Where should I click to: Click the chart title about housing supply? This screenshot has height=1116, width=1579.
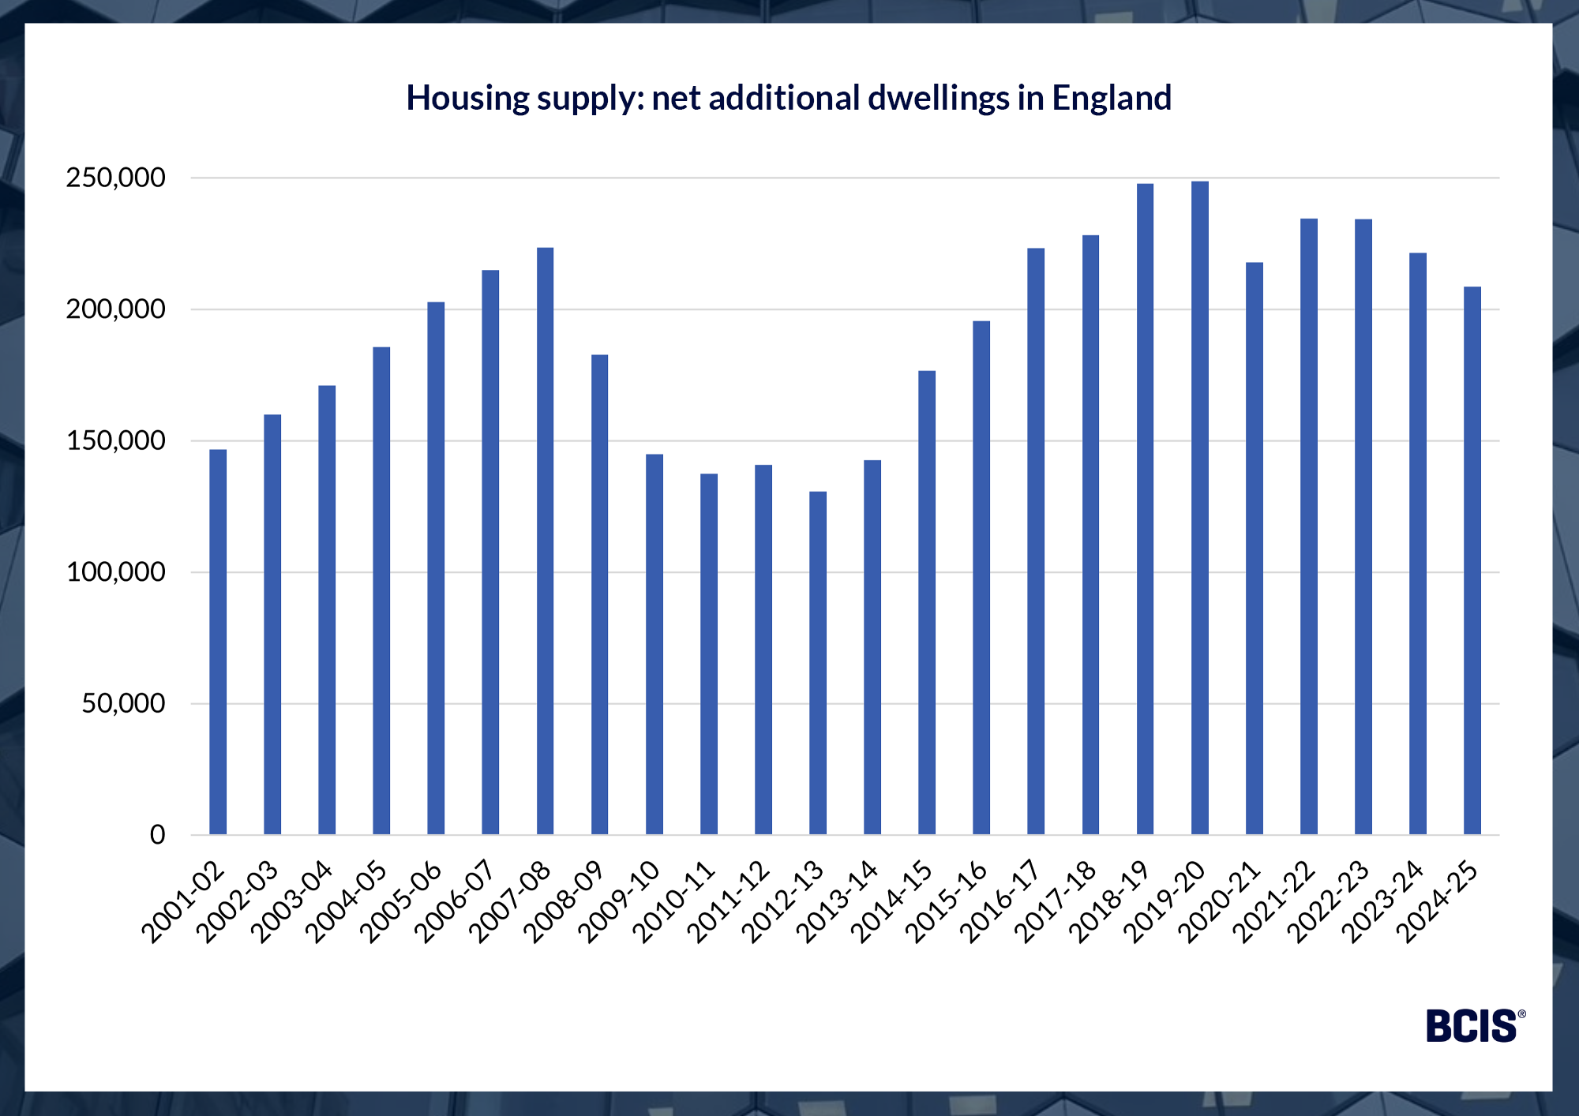[x=789, y=98]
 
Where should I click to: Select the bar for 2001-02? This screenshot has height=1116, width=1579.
[x=218, y=641]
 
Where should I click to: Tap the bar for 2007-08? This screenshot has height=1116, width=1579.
[x=545, y=541]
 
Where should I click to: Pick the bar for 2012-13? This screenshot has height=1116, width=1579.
[x=818, y=663]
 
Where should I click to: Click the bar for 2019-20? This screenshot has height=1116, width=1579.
[x=1199, y=507]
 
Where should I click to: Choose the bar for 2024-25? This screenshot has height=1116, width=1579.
[x=1472, y=560]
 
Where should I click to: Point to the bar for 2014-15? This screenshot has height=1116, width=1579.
[x=927, y=602]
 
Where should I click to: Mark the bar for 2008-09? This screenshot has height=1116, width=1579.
[x=599, y=594]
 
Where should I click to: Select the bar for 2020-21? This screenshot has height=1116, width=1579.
[x=1254, y=549]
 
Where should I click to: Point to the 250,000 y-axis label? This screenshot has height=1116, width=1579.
[x=115, y=178]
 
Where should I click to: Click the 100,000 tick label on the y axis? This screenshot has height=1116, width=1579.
[x=115, y=572]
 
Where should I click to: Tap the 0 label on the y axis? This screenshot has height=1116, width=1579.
[x=157, y=835]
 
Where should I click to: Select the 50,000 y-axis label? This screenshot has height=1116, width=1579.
[x=123, y=703]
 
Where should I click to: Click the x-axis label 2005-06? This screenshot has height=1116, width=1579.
[x=400, y=902]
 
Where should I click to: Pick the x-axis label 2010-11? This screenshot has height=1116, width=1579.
[x=673, y=902]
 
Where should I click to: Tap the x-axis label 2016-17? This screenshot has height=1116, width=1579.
[x=1000, y=902]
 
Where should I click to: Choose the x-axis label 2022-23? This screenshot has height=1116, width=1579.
[x=1327, y=902]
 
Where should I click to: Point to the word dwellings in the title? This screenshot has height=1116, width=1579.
[x=939, y=98]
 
